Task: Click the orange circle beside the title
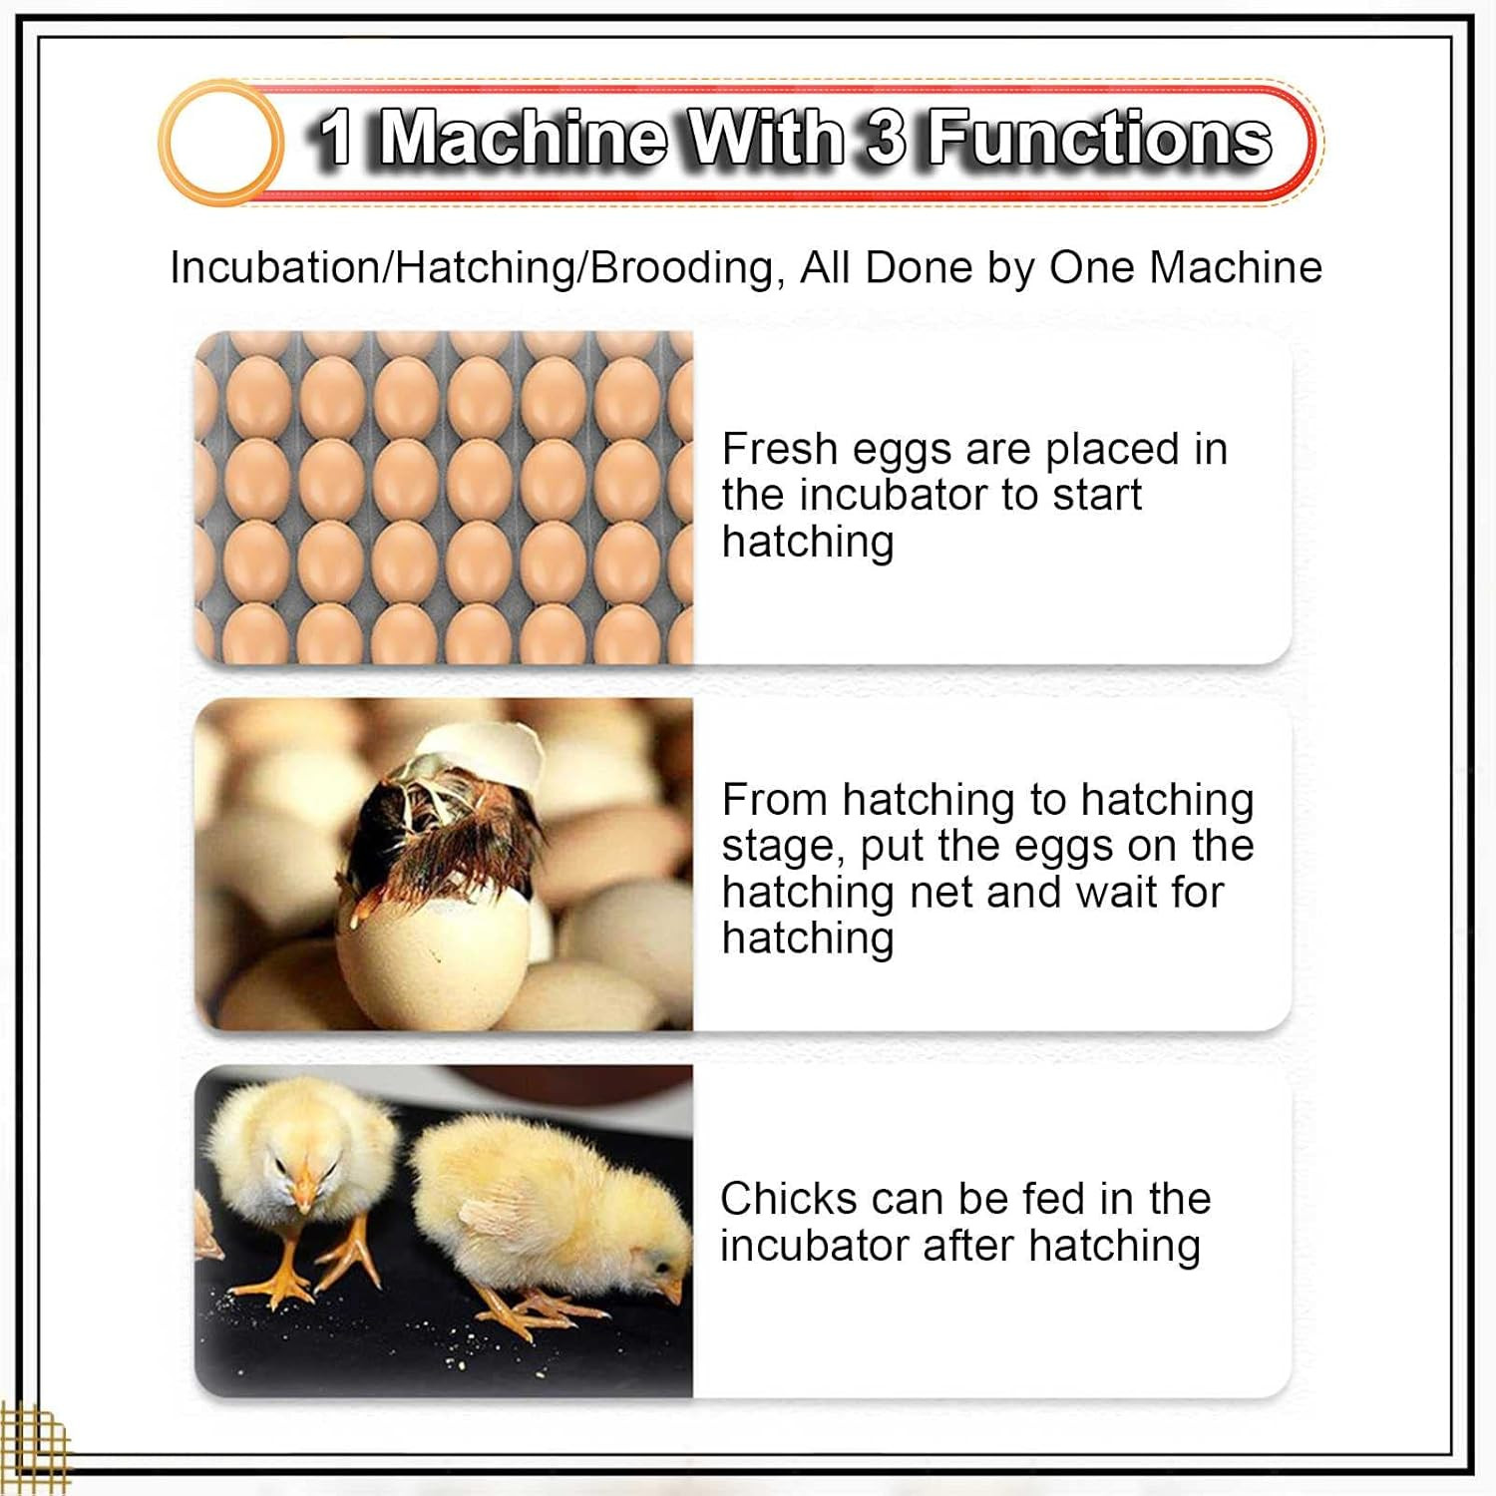click(x=220, y=143)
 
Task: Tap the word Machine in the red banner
click(x=524, y=138)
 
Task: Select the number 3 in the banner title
click(x=885, y=138)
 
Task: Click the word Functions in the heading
click(x=1100, y=138)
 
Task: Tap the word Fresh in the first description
click(x=779, y=449)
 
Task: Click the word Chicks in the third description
click(x=788, y=1198)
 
